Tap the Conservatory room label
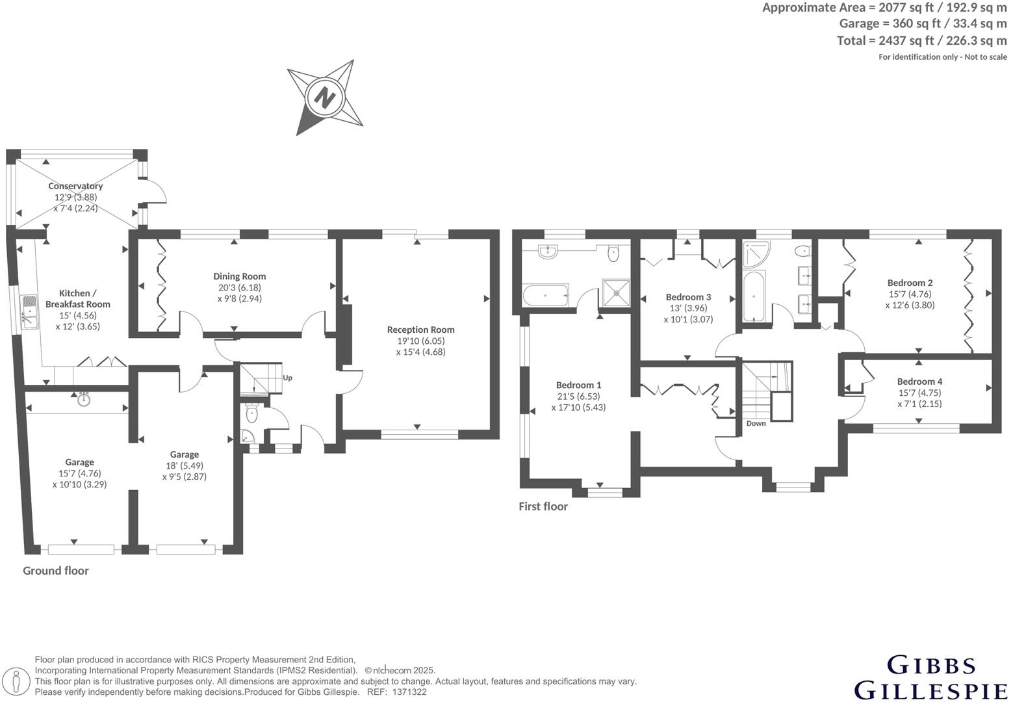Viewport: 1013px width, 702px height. [75, 186]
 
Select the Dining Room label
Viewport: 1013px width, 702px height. [240, 276]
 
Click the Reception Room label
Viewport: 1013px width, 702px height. [420, 330]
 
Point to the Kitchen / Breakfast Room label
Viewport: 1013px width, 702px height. [77, 298]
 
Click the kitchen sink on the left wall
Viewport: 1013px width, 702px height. [29, 312]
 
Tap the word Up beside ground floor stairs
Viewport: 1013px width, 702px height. [287, 378]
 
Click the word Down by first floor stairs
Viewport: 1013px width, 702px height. [756, 423]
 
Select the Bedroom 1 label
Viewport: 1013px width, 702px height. [578, 385]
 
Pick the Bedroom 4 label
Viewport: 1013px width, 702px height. [919, 382]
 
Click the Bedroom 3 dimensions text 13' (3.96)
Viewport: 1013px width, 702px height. [688, 308]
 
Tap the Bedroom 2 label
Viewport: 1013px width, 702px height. [910, 283]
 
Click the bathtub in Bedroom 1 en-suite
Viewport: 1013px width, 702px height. [545, 296]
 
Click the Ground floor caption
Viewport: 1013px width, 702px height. [56, 571]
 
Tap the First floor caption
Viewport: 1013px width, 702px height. [543, 506]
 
